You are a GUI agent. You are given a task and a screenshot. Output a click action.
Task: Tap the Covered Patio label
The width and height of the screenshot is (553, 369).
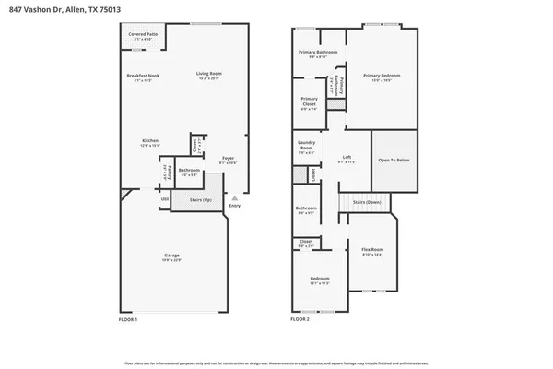tap(141, 35)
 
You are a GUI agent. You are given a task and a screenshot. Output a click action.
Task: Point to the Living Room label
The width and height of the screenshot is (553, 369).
tap(209, 76)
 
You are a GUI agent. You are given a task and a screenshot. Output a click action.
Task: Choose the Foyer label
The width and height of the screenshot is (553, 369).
tap(228, 161)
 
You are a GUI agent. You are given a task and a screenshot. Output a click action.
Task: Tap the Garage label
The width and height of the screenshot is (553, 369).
tap(172, 256)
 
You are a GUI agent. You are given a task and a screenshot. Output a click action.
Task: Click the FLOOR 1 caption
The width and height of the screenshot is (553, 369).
tap(128, 318)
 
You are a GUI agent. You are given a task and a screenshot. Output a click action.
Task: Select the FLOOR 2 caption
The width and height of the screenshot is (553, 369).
tap(300, 318)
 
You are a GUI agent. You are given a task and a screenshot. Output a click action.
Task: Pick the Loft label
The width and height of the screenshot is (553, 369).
tap(347, 159)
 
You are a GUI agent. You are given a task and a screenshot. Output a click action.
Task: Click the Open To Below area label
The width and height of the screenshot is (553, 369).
tap(394, 160)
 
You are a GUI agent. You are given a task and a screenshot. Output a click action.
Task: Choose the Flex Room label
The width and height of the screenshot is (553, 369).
tap(372, 251)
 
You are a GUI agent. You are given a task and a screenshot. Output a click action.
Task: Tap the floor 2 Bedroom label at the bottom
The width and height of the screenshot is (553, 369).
tap(319, 280)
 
